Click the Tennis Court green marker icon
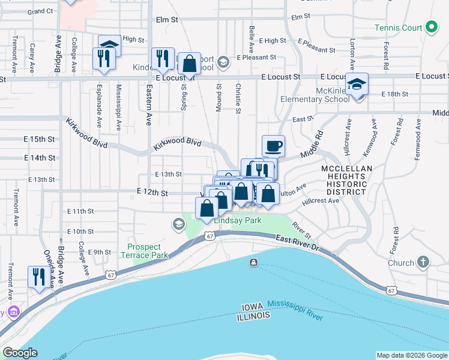pos(430,27)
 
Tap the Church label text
pos(401,263)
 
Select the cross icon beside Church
pos(424,262)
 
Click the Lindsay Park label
pos(238,221)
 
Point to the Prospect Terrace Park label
pos(144,251)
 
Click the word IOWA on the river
pos(252,307)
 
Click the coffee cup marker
pos(274,145)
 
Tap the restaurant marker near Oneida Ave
pos(39,277)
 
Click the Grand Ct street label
pos(40,11)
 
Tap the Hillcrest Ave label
pos(321,201)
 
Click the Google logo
pos(20,353)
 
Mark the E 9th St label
pos(100,252)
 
